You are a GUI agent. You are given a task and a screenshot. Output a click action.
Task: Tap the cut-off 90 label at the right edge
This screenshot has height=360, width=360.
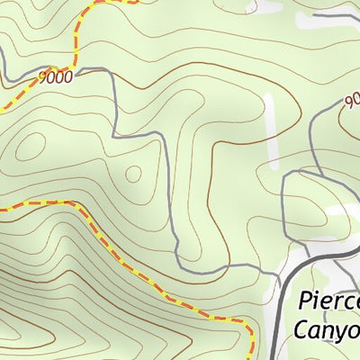351,100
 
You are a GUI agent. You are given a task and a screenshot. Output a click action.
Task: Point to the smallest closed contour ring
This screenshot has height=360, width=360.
132,173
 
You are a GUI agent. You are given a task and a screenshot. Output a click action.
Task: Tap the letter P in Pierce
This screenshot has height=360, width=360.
303,301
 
